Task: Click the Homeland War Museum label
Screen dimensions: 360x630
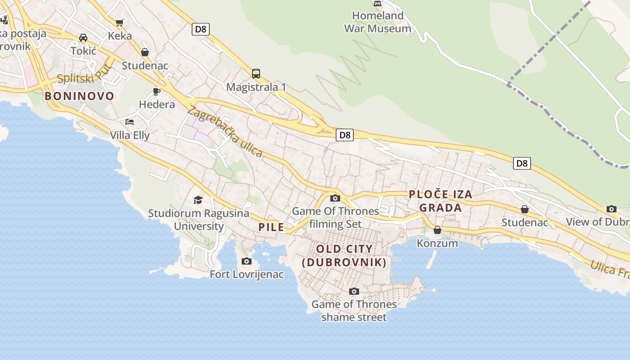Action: click(x=378, y=22)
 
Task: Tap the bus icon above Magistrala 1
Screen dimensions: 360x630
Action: click(x=256, y=73)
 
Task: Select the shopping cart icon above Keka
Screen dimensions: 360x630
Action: click(x=120, y=22)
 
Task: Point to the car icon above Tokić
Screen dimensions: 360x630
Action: click(x=83, y=37)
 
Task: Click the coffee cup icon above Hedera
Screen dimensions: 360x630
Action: click(x=157, y=91)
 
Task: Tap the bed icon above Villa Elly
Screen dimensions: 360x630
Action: click(x=130, y=121)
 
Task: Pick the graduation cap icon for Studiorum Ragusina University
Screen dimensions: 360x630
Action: click(x=198, y=200)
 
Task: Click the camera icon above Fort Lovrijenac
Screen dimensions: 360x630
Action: click(x=247, y=261)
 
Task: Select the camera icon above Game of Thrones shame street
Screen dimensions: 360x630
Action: click(x=354, y=291)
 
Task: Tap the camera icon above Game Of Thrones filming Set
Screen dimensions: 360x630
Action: click(x=335, y=198)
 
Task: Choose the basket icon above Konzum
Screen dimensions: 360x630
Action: click(x=437, y=230)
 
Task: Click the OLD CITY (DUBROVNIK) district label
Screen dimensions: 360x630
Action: click(x=344, y=256)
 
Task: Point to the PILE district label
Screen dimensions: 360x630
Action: click(x=271, y=227)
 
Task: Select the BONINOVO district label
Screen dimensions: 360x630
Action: click(x=79, y=96)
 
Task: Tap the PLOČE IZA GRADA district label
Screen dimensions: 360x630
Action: click(x=440, y=201)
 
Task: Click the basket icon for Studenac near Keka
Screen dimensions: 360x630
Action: click(x=145, y=52)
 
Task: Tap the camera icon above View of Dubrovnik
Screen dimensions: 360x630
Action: click(x=611, y=209)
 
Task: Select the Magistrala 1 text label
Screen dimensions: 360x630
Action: click(x=256, y=87)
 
